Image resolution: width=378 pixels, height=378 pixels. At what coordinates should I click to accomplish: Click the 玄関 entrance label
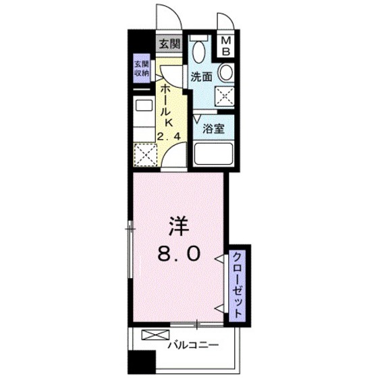point(169,45)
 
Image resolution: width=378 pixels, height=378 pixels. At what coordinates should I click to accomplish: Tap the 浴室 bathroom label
point(215,129)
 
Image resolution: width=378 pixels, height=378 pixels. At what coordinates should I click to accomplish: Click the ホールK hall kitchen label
point(165,108)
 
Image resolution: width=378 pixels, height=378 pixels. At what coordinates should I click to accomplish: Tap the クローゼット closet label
point(238,283)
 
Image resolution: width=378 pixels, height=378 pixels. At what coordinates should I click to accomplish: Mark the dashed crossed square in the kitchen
point(144,156)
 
